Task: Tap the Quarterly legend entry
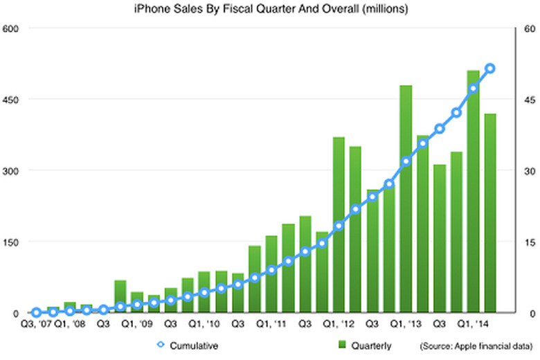click(x=368, y=344)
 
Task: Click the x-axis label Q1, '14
click(x=473, y=323)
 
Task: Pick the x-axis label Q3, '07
click(x=36, y=323)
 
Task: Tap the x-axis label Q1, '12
click(x=338, y=323)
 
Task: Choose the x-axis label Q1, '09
click(x=136, y=323)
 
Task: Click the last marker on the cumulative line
click(x=490, y=69)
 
